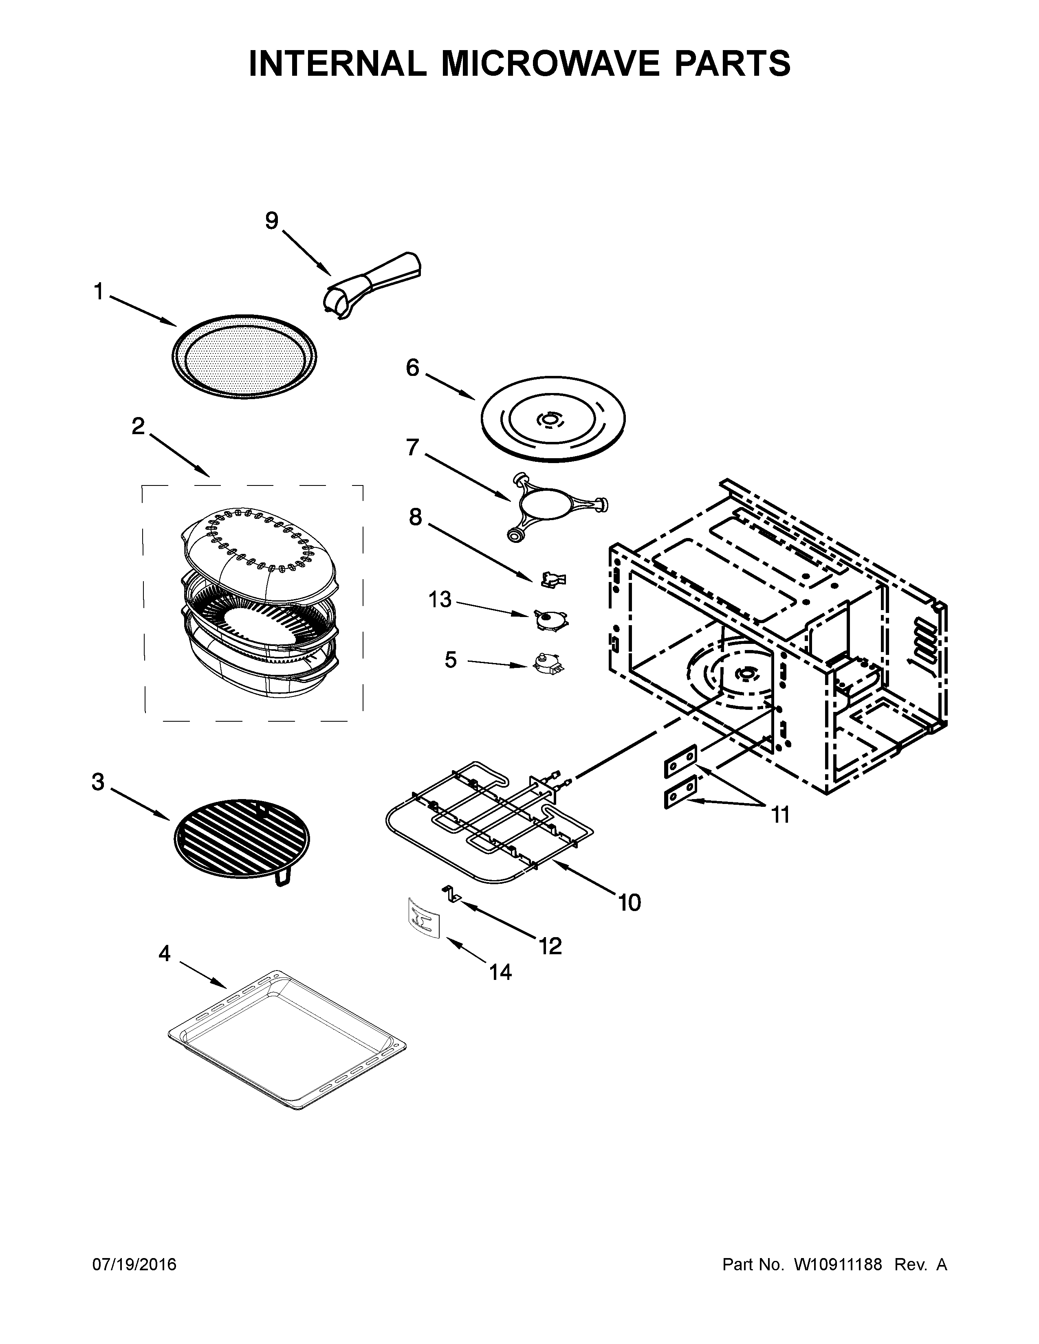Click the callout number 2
click(138, 426)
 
